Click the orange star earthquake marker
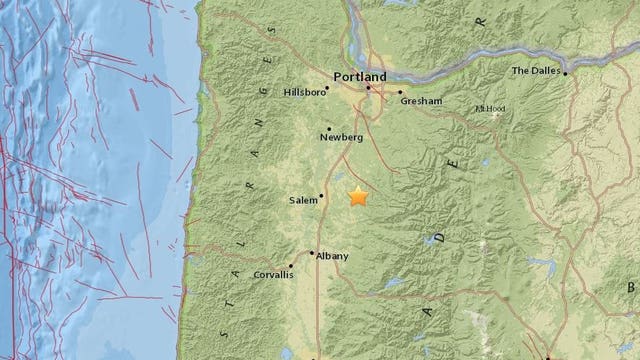358,197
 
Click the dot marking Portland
368,88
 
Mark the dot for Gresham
401,92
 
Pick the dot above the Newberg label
329,128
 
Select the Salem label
302,201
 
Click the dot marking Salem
322,195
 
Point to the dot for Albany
312,253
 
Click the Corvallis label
272,273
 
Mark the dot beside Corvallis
295,267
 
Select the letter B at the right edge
633,287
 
